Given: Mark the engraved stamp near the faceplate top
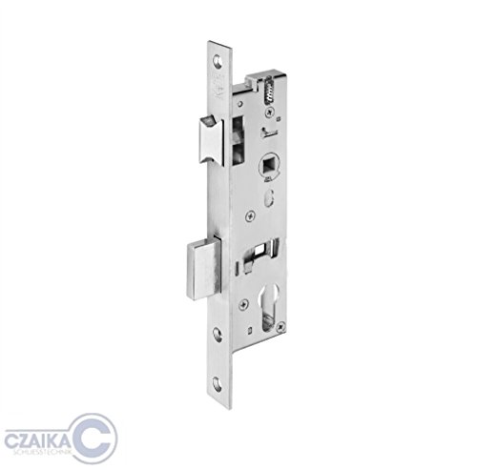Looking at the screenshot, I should pyautogui.click(x=218, y=91).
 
